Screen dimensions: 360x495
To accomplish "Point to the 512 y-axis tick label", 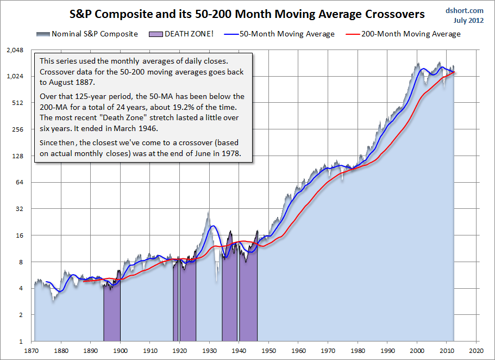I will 22,103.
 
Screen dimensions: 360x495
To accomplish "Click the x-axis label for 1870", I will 32,350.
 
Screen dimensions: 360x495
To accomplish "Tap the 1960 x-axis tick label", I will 298,350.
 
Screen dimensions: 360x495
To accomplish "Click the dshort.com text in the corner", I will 464,10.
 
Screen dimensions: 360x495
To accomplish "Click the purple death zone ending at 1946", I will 248,305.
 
